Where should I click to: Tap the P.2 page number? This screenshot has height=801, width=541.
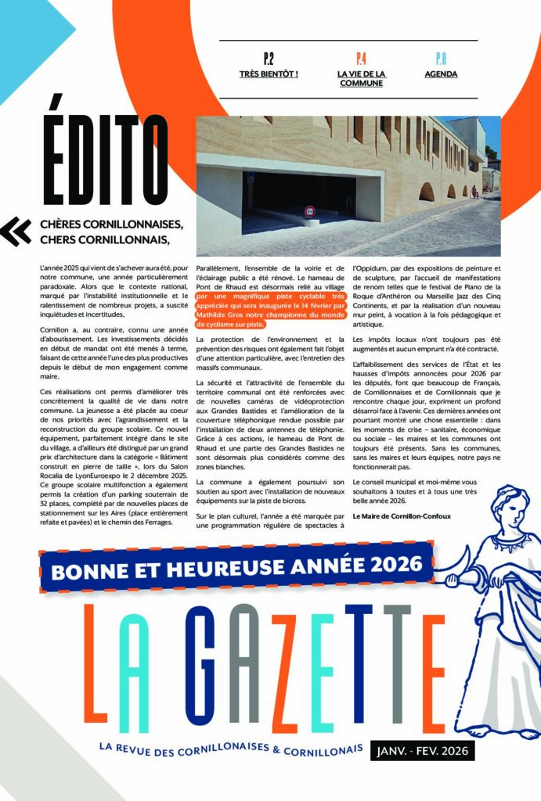(x=269, y=58)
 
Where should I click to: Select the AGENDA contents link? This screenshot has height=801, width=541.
(x=441, y=74)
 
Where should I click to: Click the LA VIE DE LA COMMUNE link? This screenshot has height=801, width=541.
(x=361, y=78)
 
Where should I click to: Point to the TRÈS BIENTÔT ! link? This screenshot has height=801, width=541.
(x=269, y=74)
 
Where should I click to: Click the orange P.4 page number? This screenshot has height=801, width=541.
(x=361, y=58)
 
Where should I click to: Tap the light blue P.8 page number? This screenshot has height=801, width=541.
(x=441, y=58)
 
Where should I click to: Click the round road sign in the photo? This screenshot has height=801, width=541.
(x=309, y=210)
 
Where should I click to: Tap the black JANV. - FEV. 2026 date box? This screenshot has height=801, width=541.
(x=422, y=751)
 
